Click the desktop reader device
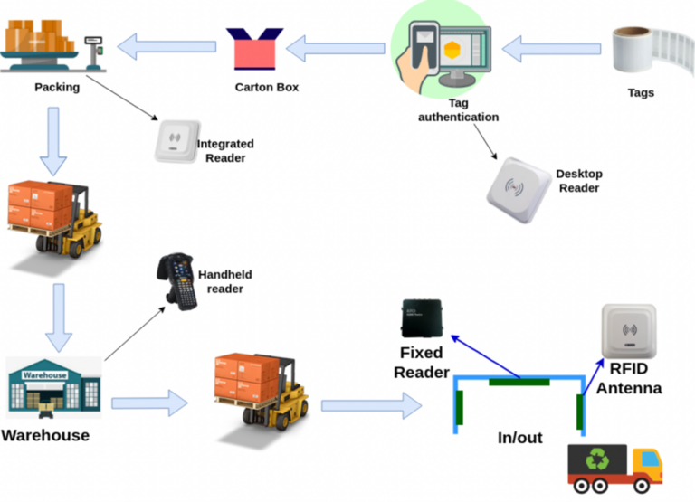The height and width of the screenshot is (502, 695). (513, 190)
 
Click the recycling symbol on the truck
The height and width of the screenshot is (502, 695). (597, 460)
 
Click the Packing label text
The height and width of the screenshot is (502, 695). (57, 88)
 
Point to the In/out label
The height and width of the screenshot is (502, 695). (519, 438)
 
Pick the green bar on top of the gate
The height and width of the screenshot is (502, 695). (519, 382)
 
